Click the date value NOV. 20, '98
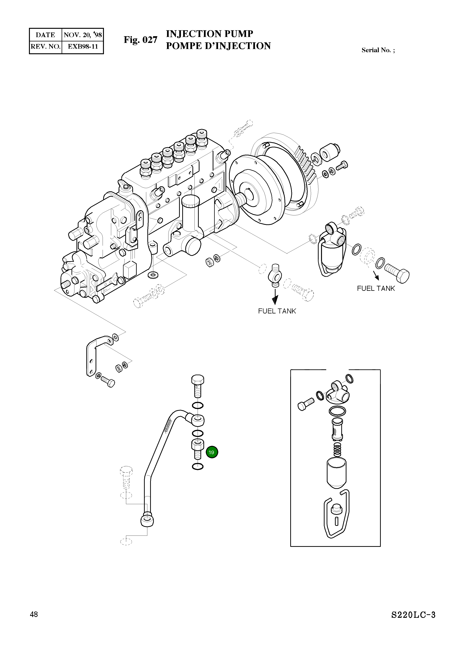[83, 35]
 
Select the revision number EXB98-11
[83, 47]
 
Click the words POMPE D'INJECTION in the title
[218, 46]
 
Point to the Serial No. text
[378, 50]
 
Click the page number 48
[34, 622]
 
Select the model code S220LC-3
[413, 623]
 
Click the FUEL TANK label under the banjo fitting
[277, 311]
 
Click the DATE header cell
[45, 35]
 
